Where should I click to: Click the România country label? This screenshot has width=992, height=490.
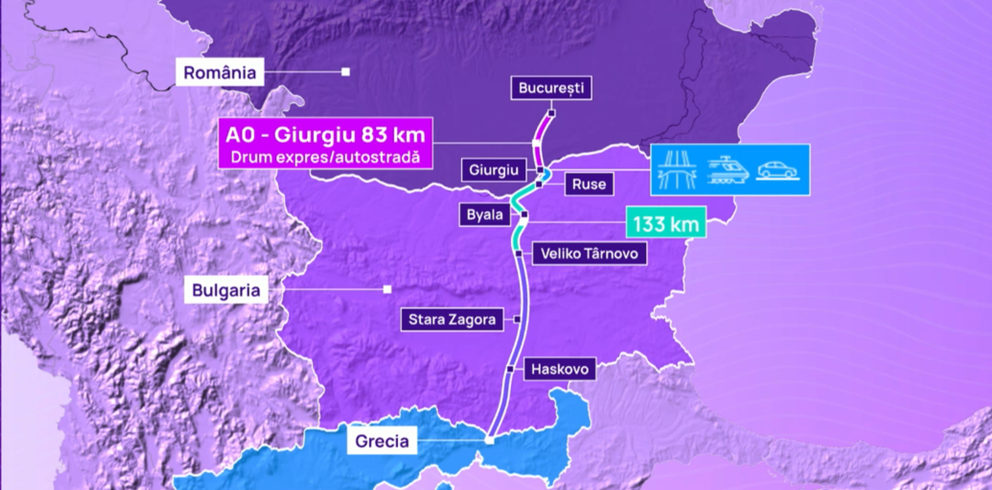tap(220, 72)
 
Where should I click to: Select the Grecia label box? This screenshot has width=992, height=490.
tap(382, 441)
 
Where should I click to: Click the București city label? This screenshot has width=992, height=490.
tap(551, 88)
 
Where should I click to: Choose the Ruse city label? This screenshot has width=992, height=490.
tap(588, 185)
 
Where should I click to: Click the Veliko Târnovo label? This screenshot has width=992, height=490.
tap(589, 253)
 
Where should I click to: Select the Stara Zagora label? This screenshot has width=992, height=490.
tap(452, 319)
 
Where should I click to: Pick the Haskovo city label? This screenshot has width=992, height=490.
tap(560, 369)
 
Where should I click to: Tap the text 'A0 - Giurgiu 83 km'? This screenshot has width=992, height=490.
tap(325, 135)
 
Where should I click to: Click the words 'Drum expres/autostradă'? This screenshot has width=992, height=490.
tap(325, 157)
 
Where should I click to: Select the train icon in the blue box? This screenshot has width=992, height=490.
tap(728, 170)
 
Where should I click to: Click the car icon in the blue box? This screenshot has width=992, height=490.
tap(777, 170)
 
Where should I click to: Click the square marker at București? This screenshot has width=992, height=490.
tap(551, 113)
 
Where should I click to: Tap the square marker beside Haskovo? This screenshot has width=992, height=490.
tap(510, 369)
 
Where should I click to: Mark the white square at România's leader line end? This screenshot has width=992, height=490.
tap(346, 72)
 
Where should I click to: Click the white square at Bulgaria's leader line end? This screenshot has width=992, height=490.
tap(387, 290)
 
